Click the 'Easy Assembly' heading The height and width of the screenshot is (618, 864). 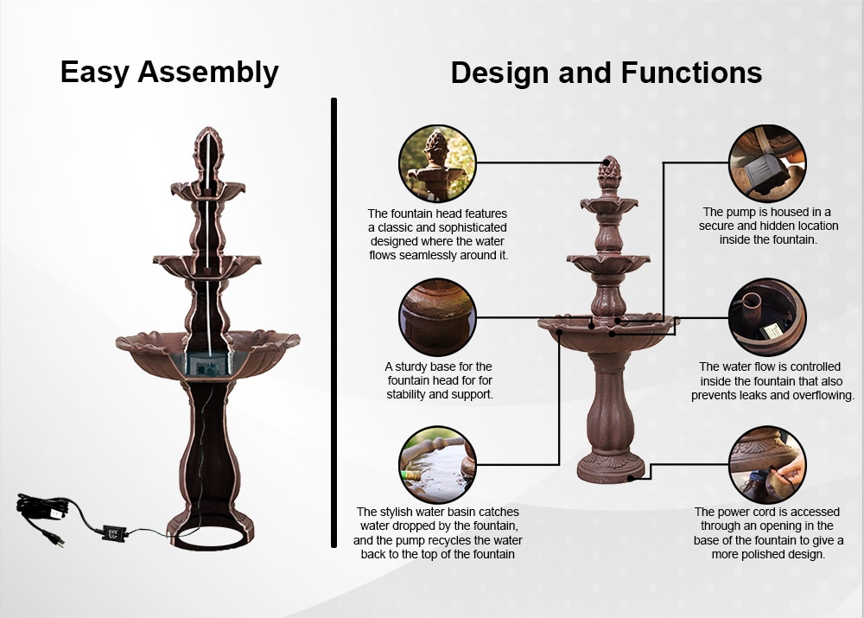169,73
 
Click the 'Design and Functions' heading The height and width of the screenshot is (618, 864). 607,73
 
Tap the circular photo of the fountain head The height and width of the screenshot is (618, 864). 437,163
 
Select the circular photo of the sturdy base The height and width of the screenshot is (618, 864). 437,317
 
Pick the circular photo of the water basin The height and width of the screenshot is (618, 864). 437,464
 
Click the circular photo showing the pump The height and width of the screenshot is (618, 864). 767,163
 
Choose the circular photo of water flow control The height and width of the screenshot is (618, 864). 767,317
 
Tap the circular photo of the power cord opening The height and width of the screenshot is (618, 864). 767,464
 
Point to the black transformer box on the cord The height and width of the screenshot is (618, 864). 114,533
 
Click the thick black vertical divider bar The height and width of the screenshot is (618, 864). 334,322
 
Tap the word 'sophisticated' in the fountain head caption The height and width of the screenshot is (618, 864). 470,227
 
